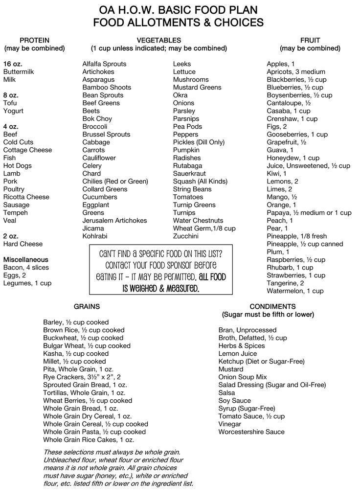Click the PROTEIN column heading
(x=34, y=40)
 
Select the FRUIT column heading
(x=310, y=40)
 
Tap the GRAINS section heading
(x=87, y=306)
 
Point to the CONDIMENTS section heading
(x=268, y=306)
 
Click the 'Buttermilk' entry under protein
(x=19, y=71)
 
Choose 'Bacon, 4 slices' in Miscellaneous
(x=26, y=267)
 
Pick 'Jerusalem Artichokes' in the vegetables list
(x=114, y=220)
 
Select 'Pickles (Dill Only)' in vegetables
(x=199, y=142)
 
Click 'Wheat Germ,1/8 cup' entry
(x=204, y=228)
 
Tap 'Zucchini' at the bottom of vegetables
(x=186, y=236)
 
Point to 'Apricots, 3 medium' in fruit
(x=296, y=71)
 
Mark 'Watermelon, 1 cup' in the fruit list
(x=295, y=291)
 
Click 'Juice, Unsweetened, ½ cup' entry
(x=308, y=165)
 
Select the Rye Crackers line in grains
(x=82, y=377)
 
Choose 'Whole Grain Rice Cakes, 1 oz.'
(x=89, y=439)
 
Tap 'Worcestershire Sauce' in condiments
(x=251, y=432)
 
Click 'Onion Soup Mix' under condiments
(x=243, y=377)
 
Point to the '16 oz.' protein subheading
(x=13, y=64)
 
